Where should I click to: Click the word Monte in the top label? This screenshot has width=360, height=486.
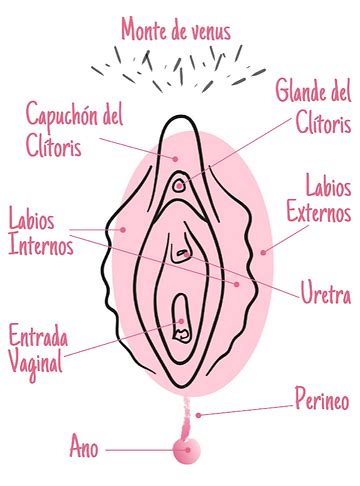[x=146, y=30]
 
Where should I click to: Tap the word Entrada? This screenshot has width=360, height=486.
[x=39, y=336]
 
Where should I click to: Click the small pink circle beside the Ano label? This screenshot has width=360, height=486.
[x=184, y=451]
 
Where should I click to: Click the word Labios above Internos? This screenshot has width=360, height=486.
[x=31, y=218]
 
